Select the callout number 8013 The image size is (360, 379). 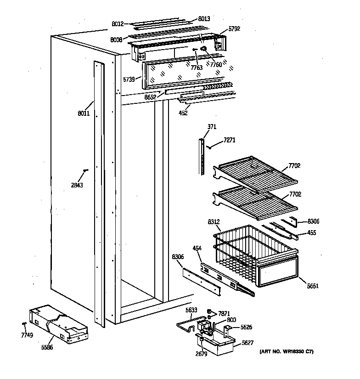coord(204,19)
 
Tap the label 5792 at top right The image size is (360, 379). coord(234,28)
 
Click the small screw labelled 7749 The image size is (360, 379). coord(27,335)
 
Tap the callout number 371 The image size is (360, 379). coord(212,127)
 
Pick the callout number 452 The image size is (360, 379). coord(183,113)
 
